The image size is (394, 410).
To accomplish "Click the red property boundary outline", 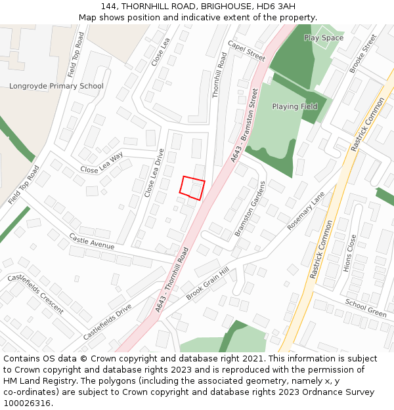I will [x=192, y=188].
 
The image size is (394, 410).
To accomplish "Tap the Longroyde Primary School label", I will [x=56, y=86].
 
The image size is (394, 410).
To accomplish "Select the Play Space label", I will [x=324, y=38].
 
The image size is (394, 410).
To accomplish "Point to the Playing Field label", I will [x=295, y=106].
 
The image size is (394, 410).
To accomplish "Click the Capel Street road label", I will [x=246, y=51].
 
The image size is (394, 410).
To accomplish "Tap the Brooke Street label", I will [x=363, y=53].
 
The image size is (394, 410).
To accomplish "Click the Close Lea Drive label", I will [x=154, y=173].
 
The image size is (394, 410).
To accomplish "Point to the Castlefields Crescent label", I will [x=35, y=293].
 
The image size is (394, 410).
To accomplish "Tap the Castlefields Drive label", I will [x=107, y=321].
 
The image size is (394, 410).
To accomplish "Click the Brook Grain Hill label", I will [x=207, y=283].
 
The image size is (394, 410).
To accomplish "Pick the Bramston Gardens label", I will [x=250, y=209].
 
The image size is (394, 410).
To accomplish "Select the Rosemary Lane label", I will [x=306, y=211].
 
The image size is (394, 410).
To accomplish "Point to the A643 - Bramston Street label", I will [x=244, y=125].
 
